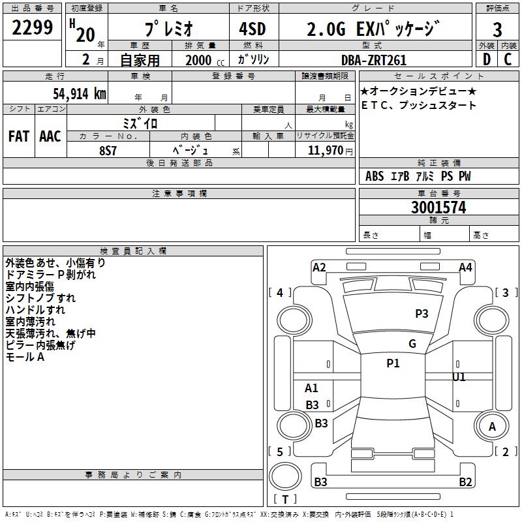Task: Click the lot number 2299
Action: coord(33,27)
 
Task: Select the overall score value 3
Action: coord(497,29)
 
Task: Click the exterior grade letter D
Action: coord(486,59)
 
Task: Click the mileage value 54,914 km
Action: coord(67,93)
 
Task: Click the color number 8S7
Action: coord(108,149)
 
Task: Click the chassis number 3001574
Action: coord(438,207)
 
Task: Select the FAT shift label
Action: coord(19,136)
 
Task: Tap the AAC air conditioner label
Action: coord(50,136)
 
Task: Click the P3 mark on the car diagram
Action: coord(422,314)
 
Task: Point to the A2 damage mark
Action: coord(319,268)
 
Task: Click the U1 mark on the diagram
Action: coord(459,377)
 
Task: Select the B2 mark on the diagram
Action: coord(465,482)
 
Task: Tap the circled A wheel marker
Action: coord(493,426)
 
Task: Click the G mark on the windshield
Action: coord(412,344)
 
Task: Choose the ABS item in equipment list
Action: coord(375,176)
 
